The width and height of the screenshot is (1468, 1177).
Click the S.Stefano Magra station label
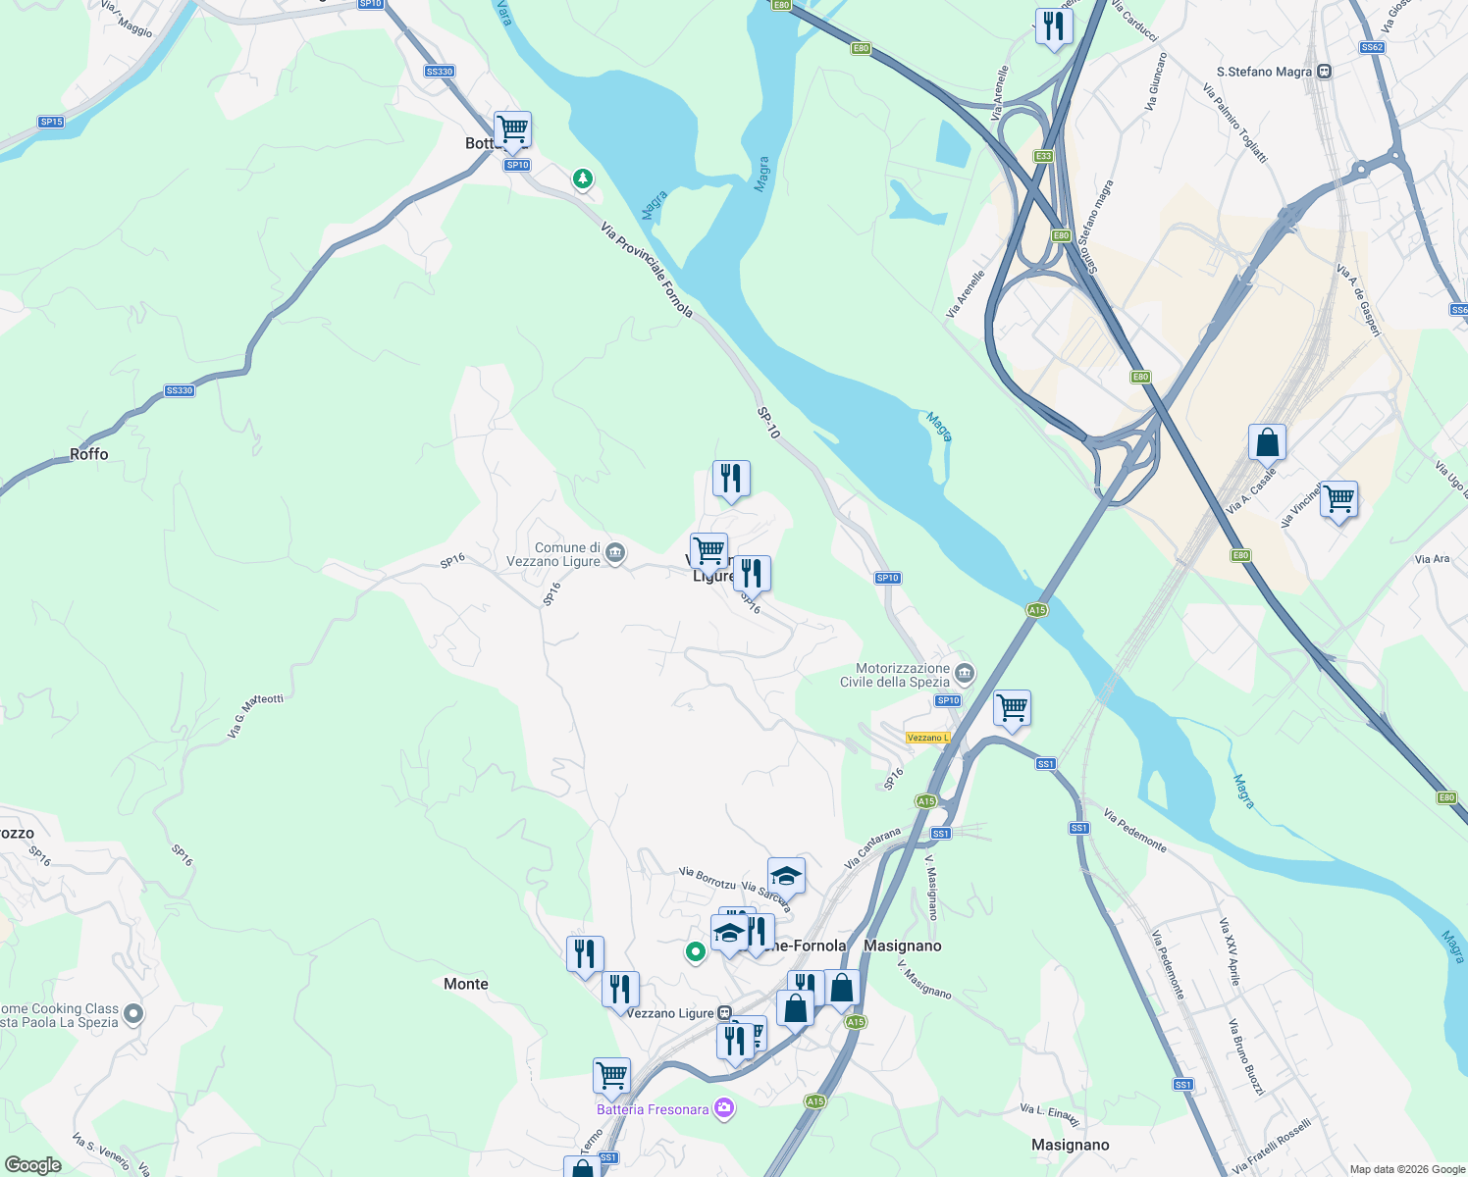click(1264, 72)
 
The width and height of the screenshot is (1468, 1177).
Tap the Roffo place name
click(89, 454)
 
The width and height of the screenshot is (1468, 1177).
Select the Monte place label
click(465, 984)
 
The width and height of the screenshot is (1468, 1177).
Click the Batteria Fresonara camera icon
click(724, 1108)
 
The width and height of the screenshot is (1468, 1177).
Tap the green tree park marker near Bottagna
click(583, 179)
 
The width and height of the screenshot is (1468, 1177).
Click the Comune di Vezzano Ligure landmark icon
click(615, 553)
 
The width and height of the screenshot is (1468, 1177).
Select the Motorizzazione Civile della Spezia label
click(895, 675)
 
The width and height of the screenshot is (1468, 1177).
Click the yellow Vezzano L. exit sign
click(927, 738)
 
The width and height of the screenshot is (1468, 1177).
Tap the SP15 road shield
click(51, 122)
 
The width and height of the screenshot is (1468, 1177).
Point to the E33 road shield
click(1043, 156)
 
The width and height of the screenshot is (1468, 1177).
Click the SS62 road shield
click(1372, 47)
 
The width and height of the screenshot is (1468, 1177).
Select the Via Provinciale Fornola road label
click(647, 271)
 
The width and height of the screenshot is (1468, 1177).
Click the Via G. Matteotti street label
click(255, 715)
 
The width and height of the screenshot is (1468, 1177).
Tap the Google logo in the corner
click(33, 1165)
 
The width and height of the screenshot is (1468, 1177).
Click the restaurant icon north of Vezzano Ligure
click(730, 479)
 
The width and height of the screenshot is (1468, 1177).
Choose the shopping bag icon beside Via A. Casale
click(1267, 442)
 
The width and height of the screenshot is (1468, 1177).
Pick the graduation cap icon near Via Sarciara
click(786, 875)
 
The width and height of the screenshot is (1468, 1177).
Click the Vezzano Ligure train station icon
click(724, 1013)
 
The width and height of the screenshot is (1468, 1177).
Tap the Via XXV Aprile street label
click(1230, 951)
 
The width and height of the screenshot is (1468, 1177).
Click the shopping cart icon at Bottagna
click(512, 128)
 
